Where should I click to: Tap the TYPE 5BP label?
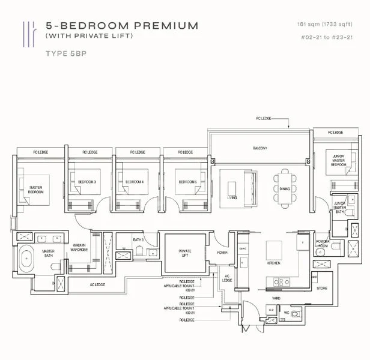tap(66, 53)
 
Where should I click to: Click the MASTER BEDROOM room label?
tap(35, 190)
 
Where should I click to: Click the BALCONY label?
tap(259, 148)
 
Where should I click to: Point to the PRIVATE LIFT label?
tap(184, 253)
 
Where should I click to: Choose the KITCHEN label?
tap(274, 263)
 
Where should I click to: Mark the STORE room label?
tap(322, 289)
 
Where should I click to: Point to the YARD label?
tap(276, 298)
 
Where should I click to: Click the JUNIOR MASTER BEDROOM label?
tap(339, 160)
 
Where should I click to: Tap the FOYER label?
tap(222, 253)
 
